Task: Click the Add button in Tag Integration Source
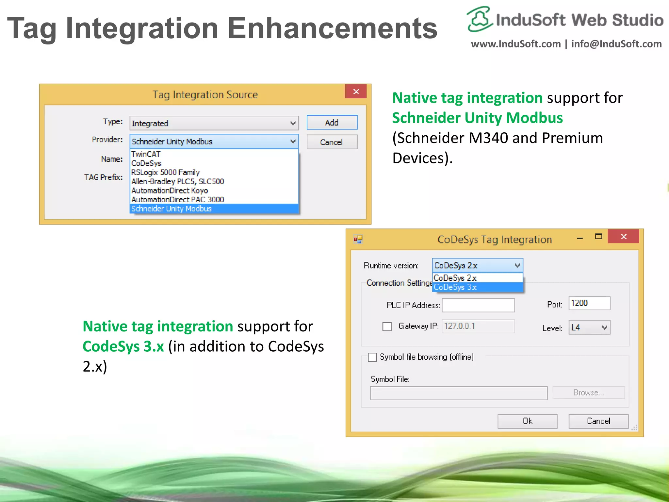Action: coord(332,123)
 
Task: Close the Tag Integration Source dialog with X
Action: coord(356,92)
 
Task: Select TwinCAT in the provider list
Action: coord(146,154)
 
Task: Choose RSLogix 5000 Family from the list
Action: coord(165,172)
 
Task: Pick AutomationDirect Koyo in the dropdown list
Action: coord(170,191)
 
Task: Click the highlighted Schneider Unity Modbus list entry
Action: coord(171,209)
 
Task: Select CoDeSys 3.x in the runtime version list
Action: coord(455,287)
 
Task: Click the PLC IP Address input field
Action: coord(478,305)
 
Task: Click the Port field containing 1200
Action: coord(589,303)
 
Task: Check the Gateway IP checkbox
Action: coord(387,326)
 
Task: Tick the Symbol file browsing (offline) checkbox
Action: coord(372,357)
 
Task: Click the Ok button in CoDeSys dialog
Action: coord(527,421)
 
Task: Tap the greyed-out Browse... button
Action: coord(589,393)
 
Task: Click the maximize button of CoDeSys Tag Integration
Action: coord(598,237)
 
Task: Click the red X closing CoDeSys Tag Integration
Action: coord(623,237)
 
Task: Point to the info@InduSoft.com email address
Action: coord(616,44)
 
